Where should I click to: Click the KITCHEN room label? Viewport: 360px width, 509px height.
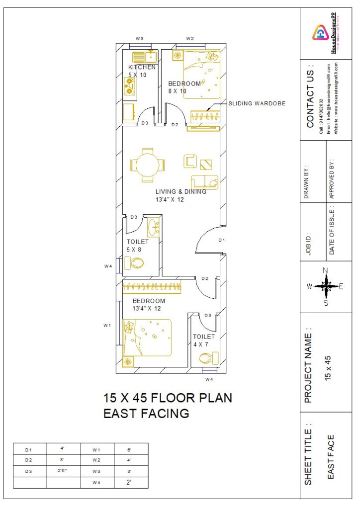pos(142,67)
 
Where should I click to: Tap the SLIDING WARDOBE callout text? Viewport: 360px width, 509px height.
pos(257,104)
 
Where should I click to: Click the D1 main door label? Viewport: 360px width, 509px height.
pos(222,240)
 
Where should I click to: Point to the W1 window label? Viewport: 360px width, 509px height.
pos(107,325)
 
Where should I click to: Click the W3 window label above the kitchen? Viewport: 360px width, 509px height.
pos(140,38)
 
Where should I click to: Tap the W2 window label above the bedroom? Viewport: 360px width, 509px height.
pos(190,38)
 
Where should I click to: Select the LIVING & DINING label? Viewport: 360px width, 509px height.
pos(180,191)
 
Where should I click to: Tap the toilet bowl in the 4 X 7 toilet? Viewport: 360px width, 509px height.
pos(206,357)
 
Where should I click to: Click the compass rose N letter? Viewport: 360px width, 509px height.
pos(326,270)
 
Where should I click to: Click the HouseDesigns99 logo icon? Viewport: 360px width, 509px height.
pos(321,33)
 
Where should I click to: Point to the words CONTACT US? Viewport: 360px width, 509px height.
pos(310,95)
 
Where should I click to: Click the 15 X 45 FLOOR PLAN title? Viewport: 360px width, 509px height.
pos(168,398)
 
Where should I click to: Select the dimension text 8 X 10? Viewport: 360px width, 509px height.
pos(177,91)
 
